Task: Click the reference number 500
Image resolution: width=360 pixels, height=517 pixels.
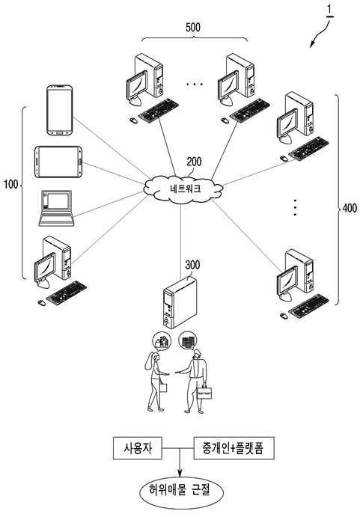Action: (x=193, y=28)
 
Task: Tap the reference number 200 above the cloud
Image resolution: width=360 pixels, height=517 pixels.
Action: (x=194, y=162)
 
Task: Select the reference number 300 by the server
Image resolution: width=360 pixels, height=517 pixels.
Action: (x=192, y=265)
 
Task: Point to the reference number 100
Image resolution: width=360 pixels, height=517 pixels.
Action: (x=11, y=184)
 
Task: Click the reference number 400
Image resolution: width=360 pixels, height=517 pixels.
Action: (x=350, y=208)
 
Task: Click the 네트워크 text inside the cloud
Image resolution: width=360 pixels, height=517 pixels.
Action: (x=186, y=189)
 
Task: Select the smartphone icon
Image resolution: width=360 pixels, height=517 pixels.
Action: (x=59, y=110)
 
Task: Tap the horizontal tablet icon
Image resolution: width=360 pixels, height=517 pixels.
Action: (x=58, y=162)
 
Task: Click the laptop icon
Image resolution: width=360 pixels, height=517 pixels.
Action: (x=56, y=208)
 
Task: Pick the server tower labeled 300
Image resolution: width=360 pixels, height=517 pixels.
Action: (x=180, y=302)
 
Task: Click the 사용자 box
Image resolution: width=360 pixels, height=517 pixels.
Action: (x=138, y=448)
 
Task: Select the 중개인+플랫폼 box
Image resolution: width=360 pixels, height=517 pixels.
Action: (x=234, y=448)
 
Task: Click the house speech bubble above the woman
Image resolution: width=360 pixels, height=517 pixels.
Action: (x=162, y=341)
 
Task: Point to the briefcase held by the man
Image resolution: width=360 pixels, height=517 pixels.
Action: (x=204, y=392)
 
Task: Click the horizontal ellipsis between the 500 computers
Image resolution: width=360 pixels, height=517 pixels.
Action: (x=195, y=85)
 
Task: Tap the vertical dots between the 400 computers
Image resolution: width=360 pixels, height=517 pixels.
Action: (x=295, y=207)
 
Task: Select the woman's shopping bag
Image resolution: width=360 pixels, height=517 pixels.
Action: (x=163, y=387)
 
